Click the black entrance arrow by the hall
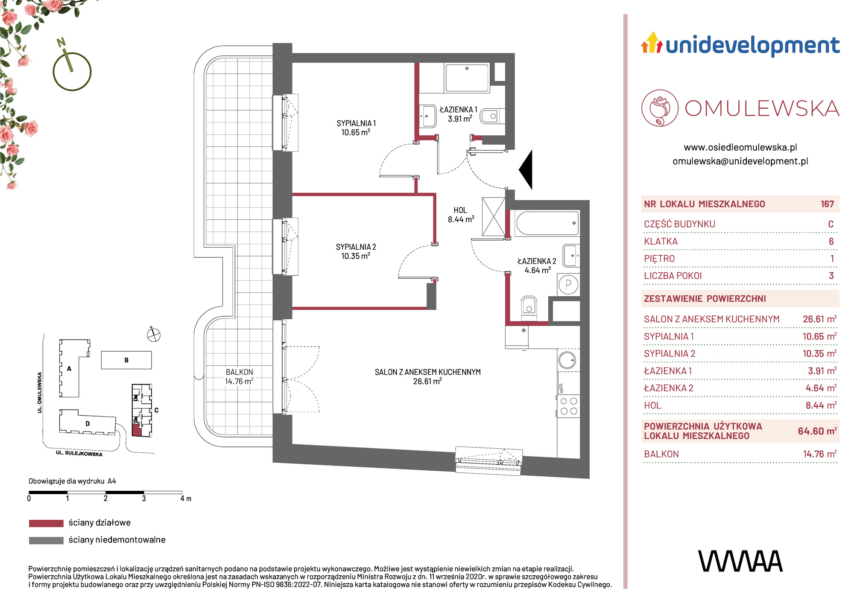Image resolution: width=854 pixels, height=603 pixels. (526, 170)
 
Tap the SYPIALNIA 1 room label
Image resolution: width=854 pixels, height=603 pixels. (356, 123)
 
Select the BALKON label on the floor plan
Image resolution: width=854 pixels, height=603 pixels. (239, 372)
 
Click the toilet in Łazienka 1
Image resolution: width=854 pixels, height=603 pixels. (490, 116)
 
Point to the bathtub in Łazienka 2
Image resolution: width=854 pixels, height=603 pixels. (547, 223)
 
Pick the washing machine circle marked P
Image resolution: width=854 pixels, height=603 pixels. (568, 285)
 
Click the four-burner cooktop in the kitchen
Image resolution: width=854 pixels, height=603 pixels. (568, 406)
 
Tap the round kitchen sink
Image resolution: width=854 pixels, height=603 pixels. (568, 360)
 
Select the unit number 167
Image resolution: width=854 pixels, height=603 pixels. (827, 204)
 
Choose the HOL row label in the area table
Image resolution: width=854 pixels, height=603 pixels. (652, 405)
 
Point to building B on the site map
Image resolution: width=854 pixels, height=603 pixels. (126, 360)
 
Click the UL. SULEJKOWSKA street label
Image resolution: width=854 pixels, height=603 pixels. (79, 453)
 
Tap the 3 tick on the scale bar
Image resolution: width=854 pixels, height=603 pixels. (144, 498)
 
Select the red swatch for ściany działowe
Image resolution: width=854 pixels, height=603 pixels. (46, 523)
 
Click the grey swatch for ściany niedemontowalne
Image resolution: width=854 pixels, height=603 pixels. (46, 540)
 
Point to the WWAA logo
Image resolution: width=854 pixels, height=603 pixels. (740, 561)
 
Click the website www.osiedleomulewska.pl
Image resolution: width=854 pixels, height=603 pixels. (740, 147)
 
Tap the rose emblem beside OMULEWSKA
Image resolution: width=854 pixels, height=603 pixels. (660, 108)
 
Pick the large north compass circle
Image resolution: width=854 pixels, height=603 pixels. (72, 71)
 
